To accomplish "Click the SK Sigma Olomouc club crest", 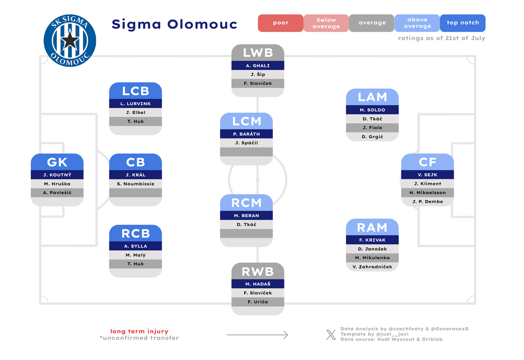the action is click(70, 40).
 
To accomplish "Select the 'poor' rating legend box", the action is click(280, 23).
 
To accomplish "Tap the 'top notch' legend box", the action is click(463, 23).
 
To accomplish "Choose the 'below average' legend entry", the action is click(326, 23).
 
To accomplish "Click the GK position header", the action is click(57, 162).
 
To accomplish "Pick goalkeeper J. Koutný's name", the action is click(57, 175).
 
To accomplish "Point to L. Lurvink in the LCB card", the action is click(136, 104).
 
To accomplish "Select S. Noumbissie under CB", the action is click(136, 184).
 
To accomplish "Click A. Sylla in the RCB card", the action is click(136, 246).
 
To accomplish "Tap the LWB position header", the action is click(258, 53).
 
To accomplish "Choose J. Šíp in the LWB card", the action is click(258, 74).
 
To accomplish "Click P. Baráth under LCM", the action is click(247, 134).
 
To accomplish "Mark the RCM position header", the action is click(247, 203).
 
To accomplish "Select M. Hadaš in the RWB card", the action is click(258, 284).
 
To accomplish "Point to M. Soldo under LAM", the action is click(373, 110).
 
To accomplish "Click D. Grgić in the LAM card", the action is click(373, 137).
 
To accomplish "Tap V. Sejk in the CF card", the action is click(427, 175).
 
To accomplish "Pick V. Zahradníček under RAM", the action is click(373, 267).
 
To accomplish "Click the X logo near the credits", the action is click(331, 334).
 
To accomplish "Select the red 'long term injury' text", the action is click(139, 331).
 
